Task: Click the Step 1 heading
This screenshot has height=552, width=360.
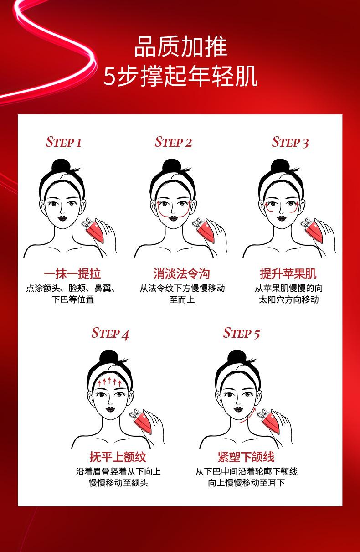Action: [64, 142]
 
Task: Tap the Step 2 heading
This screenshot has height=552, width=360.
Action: [173, 142]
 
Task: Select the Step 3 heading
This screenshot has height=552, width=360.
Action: [290, 142]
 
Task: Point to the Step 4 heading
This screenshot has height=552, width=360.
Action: [110, 334]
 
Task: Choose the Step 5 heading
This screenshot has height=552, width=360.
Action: [242, 333]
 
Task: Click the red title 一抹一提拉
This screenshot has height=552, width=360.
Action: [72, 273]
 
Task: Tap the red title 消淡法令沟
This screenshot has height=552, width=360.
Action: [182, 273]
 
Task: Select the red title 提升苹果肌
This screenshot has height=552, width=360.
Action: [288, 273]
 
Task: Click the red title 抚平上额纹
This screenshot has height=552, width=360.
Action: [118, 457]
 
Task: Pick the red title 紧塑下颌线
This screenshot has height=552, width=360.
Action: [246, 457]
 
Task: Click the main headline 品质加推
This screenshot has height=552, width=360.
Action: [180, 46]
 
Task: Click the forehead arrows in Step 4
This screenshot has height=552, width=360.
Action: [110, 382]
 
